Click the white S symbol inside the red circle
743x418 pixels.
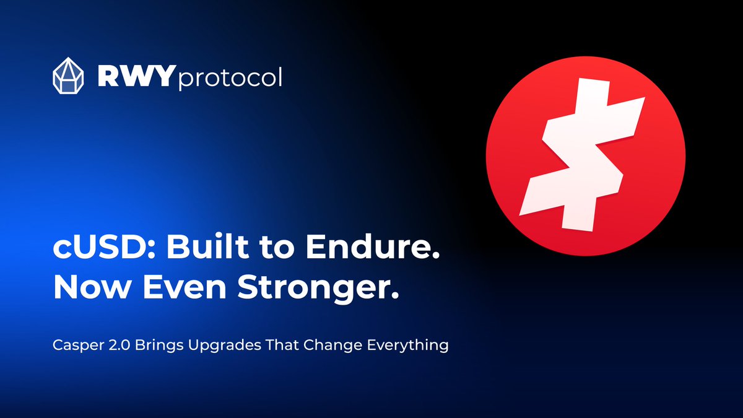coord(585,158)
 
